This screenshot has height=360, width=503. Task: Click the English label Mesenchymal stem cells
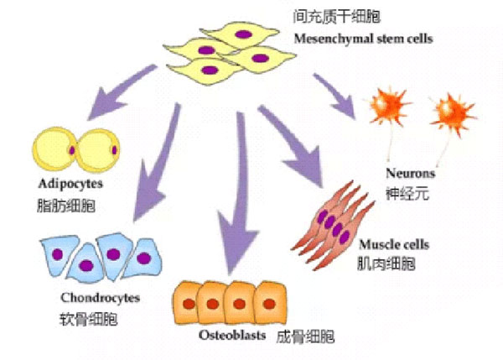click(364, 39)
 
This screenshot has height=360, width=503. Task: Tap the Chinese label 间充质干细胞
click(336, 17)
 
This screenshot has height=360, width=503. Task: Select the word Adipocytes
click(70, 184)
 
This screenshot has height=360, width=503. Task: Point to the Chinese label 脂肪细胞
click(66, 206)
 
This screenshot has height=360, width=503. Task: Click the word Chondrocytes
click(100, 298)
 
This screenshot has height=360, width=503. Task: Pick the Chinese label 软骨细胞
click(89, 319)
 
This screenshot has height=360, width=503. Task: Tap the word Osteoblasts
click(232, 335)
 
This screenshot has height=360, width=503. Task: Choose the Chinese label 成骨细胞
click(305, 337)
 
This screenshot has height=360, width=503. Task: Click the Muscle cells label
click(394, 244)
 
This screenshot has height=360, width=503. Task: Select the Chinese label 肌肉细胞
click(386, 264)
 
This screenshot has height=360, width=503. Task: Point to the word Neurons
click(410, 173)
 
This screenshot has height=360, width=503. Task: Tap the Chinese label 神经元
click(407, 194)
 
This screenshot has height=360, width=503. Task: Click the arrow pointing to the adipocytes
click(119, 92)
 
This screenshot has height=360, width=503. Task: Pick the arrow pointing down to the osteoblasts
click(239, 193)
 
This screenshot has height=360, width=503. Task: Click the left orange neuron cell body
click(387, 106)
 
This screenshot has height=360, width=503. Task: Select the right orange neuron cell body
click(453, 112)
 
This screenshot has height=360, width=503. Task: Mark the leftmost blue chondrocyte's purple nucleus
click(57, 254)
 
